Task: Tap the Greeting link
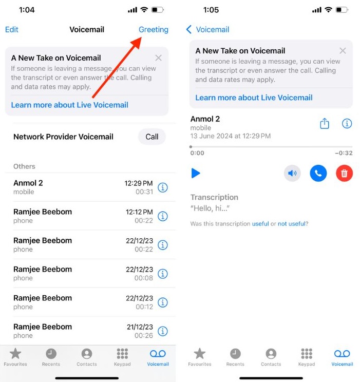(x=153, y=29)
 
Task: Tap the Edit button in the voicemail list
(x=12, y=29)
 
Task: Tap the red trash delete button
(x=344, y=173)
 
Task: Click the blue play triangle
(x=196, y=173)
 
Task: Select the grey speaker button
(x=292, y=173)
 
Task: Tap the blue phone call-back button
(x=318, y=173)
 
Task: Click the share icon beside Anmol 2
(x=325, y=124)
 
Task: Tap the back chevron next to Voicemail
(x=189, y=29)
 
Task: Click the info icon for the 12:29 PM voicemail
(x=163, y=187)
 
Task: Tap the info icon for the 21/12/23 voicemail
(x=163, y=331)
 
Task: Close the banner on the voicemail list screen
(x=158, y=58)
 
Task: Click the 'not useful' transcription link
(x=293, y=224)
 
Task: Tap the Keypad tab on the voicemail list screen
(x=122, y=357)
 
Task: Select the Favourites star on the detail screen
(x=200, y=357)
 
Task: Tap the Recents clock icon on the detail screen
(x=235, y=357)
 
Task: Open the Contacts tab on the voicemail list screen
(x=87, y=357)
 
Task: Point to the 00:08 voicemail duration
(x=144, y=278)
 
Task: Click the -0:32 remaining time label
(x=344, y=153)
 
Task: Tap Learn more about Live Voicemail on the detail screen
(x=254, y=98)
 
